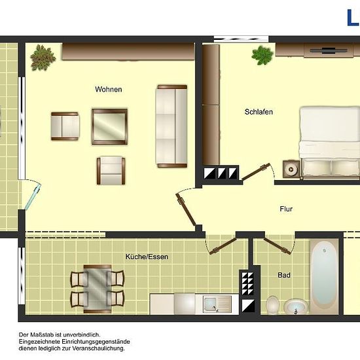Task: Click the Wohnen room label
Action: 109,89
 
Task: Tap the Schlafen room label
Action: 259,112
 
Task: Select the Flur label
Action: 286,209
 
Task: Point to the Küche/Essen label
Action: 147,257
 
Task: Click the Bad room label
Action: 284,275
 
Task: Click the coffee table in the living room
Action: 109,126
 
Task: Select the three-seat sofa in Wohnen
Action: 172,126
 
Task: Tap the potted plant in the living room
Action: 43,57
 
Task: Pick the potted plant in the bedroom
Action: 262,55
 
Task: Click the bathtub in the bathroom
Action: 324,277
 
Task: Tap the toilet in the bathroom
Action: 272,304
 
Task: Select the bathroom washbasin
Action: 296,306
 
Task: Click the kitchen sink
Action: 217,304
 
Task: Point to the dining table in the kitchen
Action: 98,289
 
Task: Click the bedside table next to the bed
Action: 291,169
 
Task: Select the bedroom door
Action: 256,171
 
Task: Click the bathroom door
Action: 278,245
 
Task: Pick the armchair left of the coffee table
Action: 65,126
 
